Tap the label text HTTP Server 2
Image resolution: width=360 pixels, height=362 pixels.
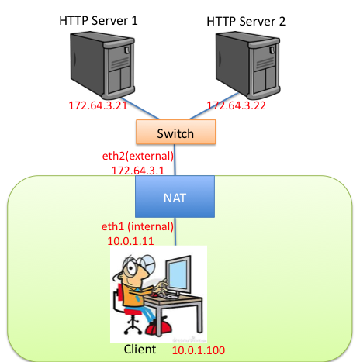click(x=246, y=21)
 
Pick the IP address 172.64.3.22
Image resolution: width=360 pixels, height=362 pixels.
click(x=237, y=105)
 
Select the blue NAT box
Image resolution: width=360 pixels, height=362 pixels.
click(x=175, y=198)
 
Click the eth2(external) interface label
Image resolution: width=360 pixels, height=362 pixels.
click(x=140, y=155)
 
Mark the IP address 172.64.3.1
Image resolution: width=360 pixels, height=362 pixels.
click(x=140, y=169)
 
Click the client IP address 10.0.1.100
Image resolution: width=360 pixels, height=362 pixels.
click(x=199, y=350)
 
